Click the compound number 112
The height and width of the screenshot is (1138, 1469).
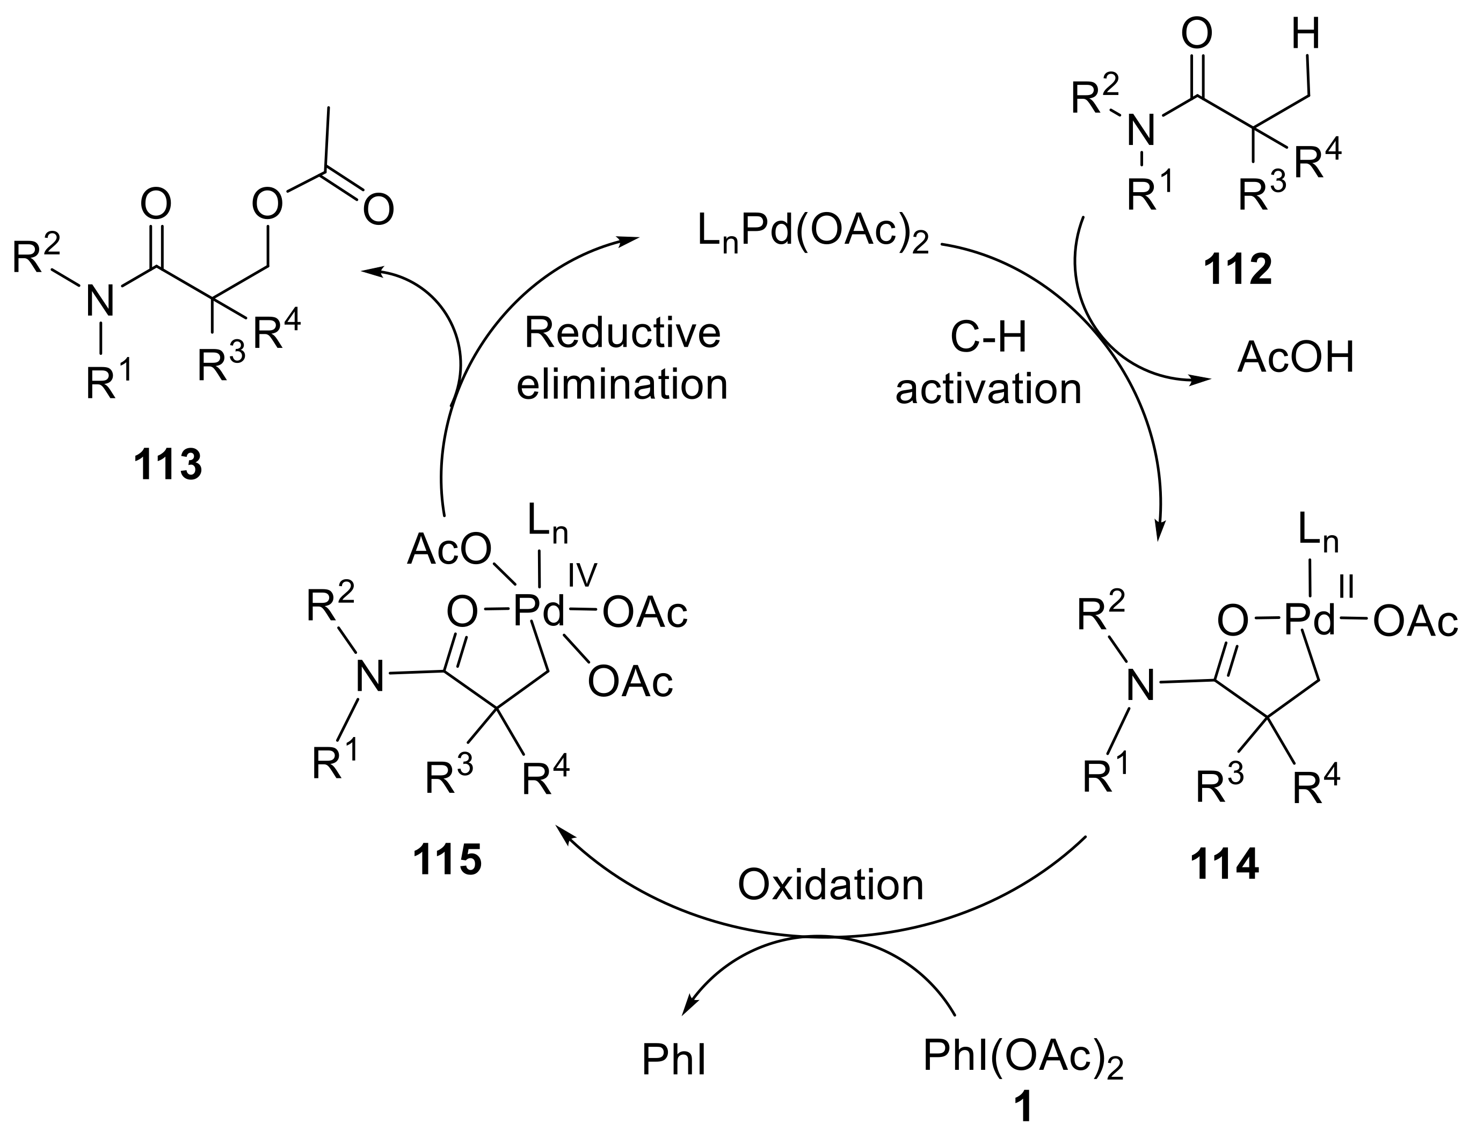tap(1238, 271)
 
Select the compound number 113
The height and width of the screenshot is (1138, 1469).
tap(168, 465)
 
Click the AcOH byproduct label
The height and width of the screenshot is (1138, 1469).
tap(1296, 358)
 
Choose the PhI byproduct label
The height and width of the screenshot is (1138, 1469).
tap(673, 1061)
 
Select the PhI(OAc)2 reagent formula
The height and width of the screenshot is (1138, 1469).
tap(1022, 1056)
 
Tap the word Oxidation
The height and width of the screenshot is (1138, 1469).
tap(830, 885)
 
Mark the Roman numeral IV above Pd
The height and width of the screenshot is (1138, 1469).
tap(583, 576)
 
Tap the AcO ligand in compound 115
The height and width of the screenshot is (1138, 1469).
tap(449, 550)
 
